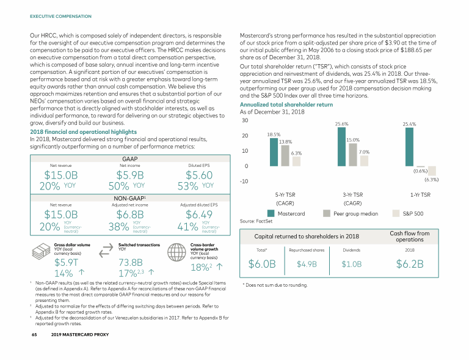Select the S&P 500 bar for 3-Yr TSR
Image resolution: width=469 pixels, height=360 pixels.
pyautogui.click(x=364, y=160)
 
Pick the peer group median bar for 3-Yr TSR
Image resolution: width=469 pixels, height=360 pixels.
pyautogui.click(x=353, y=155)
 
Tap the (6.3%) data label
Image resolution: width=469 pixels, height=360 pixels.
pyautogui.click(x=431, y=180)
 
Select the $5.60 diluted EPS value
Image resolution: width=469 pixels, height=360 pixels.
pyautogui.click(x=200, y=175)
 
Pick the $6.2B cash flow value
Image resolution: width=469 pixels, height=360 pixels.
pyautogui.click(x=409, y=264)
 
